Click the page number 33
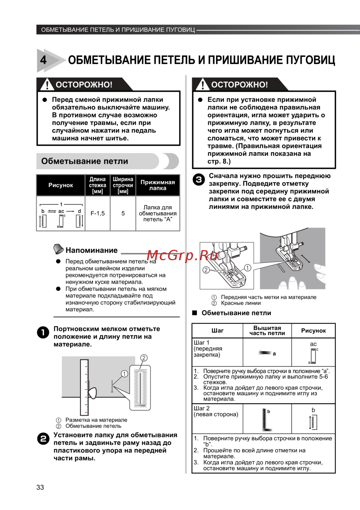pyautogui.click(x=40, y=487)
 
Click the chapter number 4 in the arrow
pyautogui.click(x=44, y=60)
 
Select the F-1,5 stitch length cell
pyautogui.click(x=98, y=213)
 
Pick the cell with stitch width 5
pyautogui.click(x=123, y=213)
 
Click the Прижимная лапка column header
pyautogui.click(x=158, y=185)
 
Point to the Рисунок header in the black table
pyautogui.click(x=60, y=185)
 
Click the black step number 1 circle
pyautogui.click(x=43, y=332)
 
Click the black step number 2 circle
pyautogui.click(x=43, y=439)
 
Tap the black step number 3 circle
pyautogui.click(x=199, y=180)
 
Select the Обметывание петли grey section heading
pyautogui.click(x=85, y=161)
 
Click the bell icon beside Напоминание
pyautogui.click(x=58, y=249)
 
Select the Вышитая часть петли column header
pyautogui.click(x=267, y=330)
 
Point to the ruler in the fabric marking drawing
pyautogui.click(x=84, y=387)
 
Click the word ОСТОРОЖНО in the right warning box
pyautogui.click(x=239, y=85)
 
